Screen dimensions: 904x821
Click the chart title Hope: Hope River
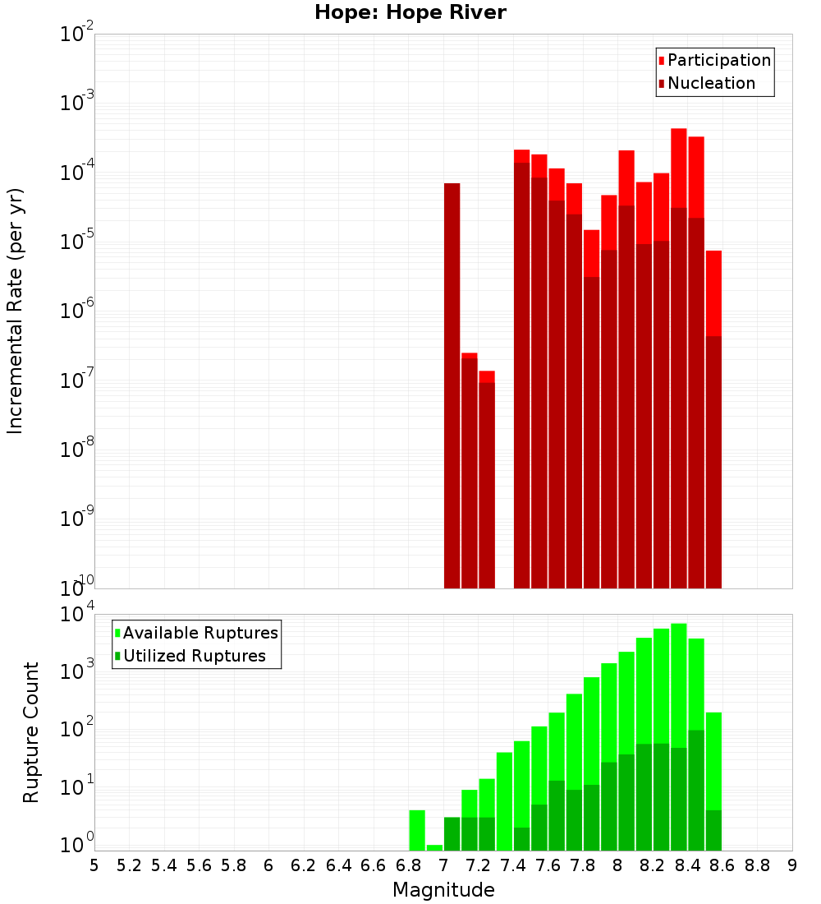410,13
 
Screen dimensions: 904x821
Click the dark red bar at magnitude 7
452,386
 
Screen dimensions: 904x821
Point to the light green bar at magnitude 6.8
417,830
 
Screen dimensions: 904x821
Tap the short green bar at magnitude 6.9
434,847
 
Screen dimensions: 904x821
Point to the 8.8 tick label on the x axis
757,865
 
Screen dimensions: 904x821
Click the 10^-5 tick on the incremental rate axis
76,242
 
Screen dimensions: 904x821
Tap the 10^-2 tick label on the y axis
76,35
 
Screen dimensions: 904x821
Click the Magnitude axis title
443,890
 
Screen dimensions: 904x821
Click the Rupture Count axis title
31,732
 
